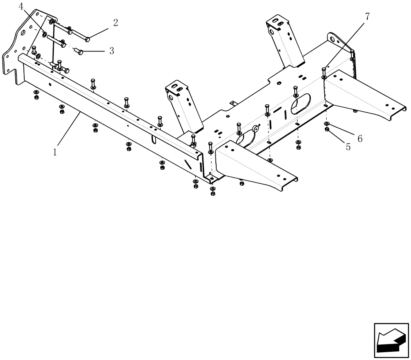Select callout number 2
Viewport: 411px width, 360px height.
click(x=115, y=23)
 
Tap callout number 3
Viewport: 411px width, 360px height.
click(x=111, y=51)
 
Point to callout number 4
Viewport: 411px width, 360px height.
click(x=21, y=7)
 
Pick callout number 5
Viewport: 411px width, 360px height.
click(x=348, y=147)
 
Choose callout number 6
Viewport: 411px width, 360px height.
click(x=360, y=138)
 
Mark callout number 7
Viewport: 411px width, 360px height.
click(x=367, y=16)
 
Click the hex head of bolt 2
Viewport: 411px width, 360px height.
click(x=88, y=39)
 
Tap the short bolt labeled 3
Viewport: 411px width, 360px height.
click(x=79, y=52)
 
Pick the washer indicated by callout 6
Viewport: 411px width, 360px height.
click(x=326, y=123)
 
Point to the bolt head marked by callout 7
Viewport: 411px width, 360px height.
click(x=324, y=69)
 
